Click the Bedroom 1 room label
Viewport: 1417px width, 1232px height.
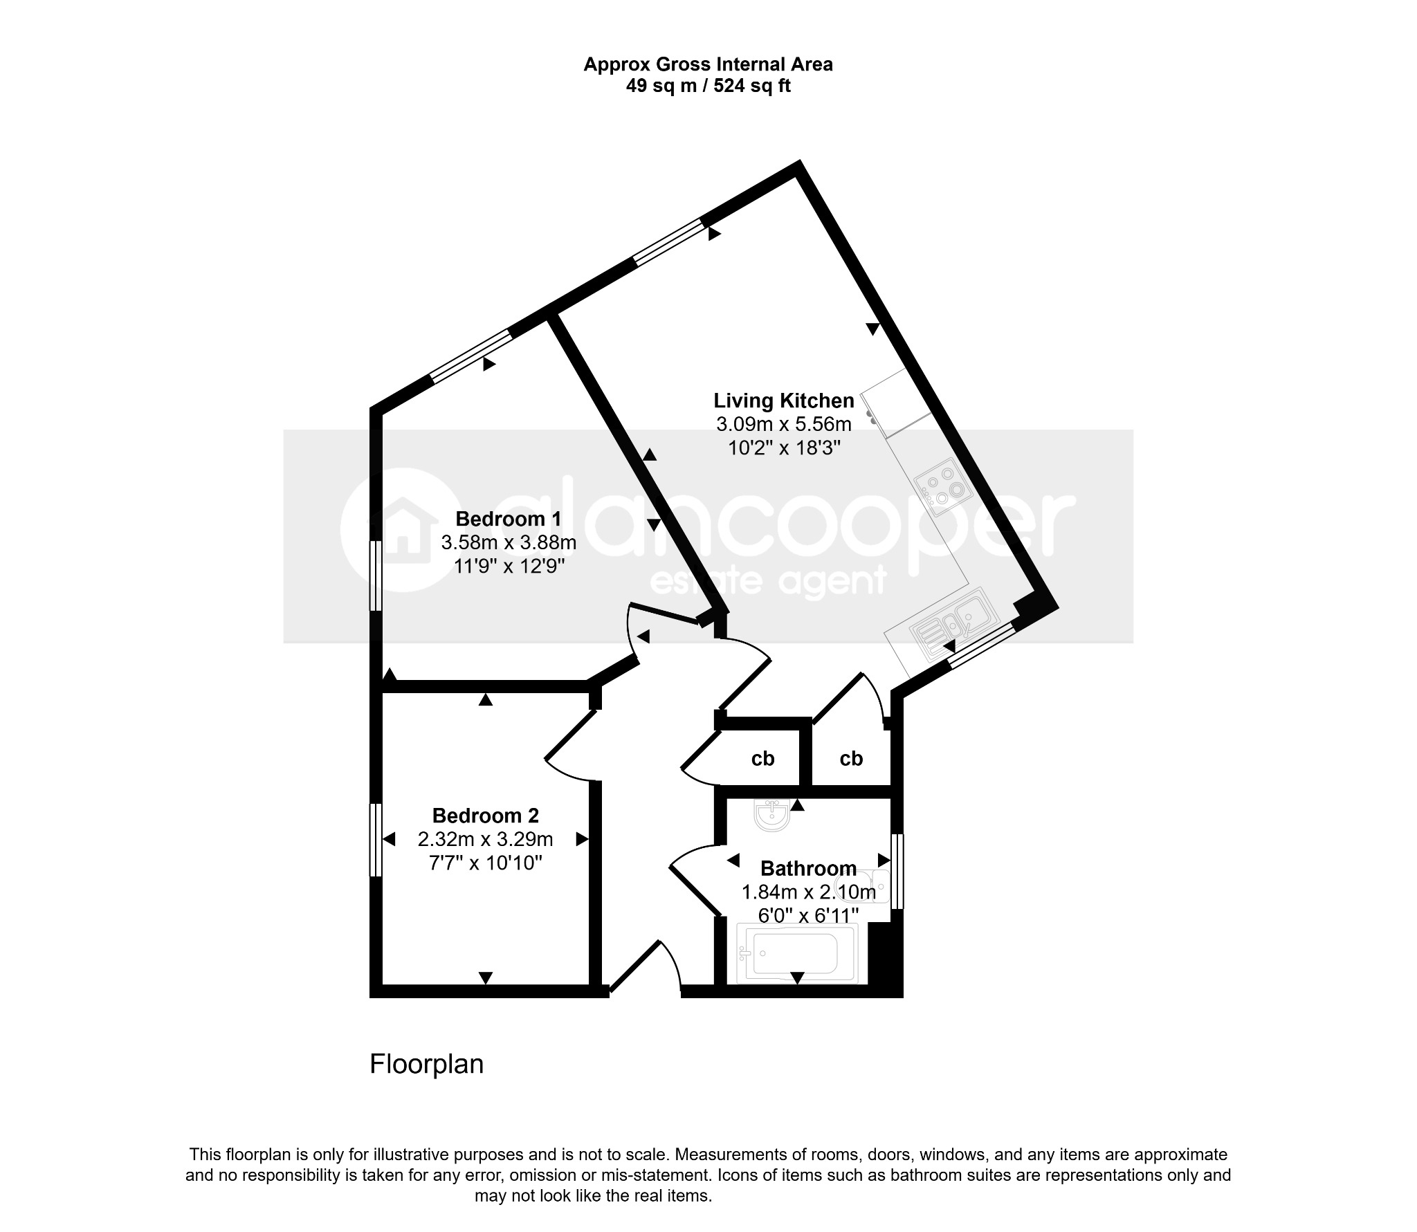(x=509, y=519)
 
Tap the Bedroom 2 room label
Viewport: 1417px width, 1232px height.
(x=485, y=816)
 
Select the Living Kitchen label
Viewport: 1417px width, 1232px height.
(x=784, y=401)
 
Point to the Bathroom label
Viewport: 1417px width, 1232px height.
(x=808, y=868)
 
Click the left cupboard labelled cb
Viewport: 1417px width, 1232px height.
(x=762, y=759)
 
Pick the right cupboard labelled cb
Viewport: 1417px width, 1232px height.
(x=851, y=759)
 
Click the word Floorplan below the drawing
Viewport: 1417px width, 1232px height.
(x=426, y=1064)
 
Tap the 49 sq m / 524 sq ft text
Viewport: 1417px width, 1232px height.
(x=708, y=86)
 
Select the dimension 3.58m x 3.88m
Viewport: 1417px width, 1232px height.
(x=509, y=542)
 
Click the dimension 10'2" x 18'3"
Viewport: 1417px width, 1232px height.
(x=784, y=448)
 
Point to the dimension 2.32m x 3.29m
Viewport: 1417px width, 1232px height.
(x=485, y=839)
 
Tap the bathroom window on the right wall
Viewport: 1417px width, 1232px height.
(x=897, y=871)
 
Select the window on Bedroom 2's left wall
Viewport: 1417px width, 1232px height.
(x=376, y=839)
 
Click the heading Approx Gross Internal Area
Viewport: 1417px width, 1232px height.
(x=708, y=64)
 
